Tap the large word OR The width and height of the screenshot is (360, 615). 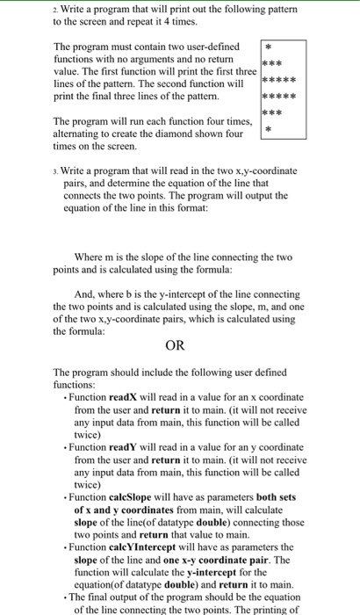tap(176, 345)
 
